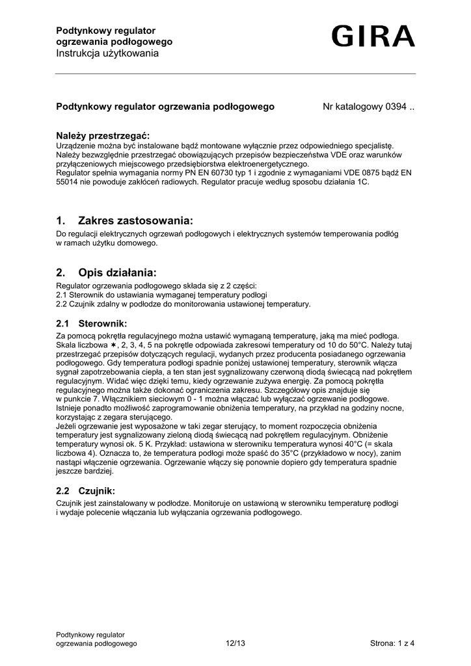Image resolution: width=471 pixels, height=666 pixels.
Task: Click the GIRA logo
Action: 372,36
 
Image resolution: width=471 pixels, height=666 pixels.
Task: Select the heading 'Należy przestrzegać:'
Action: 103,135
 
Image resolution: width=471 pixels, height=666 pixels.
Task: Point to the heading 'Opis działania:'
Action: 117,272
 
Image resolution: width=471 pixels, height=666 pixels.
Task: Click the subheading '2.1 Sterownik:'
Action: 91,323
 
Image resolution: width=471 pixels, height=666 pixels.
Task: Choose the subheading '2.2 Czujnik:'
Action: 86,490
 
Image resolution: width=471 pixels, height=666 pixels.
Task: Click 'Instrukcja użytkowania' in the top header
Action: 107,53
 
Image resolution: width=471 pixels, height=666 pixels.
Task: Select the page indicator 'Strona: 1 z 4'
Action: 392,644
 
